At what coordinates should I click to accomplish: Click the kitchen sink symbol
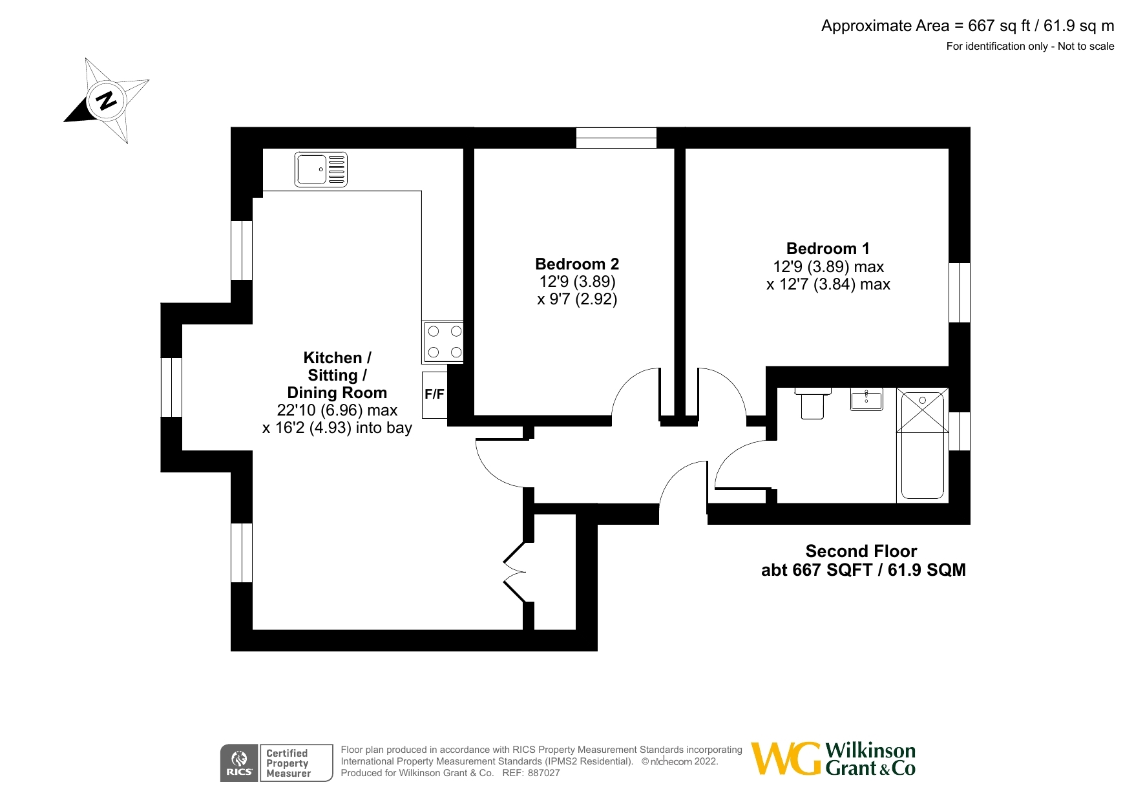(x=320, y=169)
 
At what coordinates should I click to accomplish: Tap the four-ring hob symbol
(x=444, y=342)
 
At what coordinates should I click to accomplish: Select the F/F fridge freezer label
(x=434, y=394)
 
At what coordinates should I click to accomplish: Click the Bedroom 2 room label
(x=576, y=264)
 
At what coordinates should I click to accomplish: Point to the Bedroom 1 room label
(x=827, y=248)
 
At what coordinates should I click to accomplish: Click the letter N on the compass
(x=106, y=100)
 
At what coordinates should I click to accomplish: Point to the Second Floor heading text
(x=861, y=551)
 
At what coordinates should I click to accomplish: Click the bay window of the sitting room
(x=171, y=387)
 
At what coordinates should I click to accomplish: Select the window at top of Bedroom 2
(x=616, y=138)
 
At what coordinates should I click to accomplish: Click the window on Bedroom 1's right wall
(x=960, y=292)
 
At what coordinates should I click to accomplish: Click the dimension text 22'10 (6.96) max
(x=337, y=410)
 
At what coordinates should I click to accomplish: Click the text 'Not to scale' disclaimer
(x=1086, y=46)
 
